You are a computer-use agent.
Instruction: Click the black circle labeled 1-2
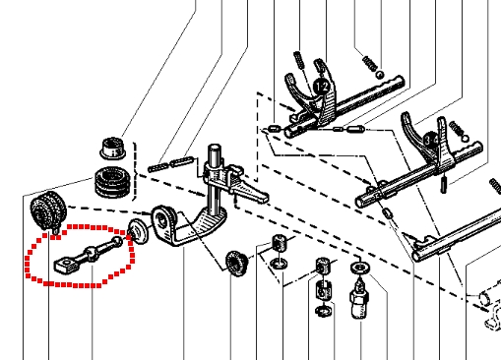coord(322,87)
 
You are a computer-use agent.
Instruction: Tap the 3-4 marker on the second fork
coord(430,141)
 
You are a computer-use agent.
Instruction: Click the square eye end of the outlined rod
coord(67,265)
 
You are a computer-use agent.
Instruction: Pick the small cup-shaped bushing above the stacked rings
coord(113,149)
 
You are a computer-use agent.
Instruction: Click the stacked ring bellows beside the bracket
coord(112,183)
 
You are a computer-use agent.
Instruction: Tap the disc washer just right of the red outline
coord(138,231)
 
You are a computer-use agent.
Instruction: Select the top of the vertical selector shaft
coord(215,150)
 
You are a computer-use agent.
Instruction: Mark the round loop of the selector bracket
coord(164,223)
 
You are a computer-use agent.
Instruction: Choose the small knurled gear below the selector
coord(235,264)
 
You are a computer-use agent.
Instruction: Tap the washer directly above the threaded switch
coord(360,268)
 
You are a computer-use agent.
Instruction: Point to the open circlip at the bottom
coord(323,310)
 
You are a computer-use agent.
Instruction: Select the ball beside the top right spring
coord(380,75)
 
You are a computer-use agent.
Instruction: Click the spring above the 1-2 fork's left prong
coord(298,60)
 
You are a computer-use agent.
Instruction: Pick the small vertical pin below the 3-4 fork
coord(444,185)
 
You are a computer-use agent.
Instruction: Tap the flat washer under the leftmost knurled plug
coord(280,263)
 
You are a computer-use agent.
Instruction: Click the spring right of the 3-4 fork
coord(457,129)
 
